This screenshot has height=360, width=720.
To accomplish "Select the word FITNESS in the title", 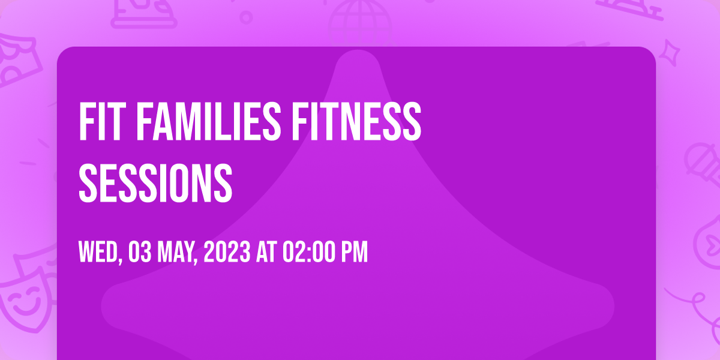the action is [x=356, y=121].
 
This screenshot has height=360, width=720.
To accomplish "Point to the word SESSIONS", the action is [x=155, y=183].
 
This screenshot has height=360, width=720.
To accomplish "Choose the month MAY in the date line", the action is [x=177, y=253].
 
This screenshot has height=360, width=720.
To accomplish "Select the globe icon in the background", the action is [x=361, y=23].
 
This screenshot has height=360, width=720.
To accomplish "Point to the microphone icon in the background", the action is [x=703, y=164].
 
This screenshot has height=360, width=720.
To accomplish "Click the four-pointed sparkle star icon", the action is [x=670, y=53].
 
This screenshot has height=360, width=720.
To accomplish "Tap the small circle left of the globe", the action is [x=246, y=17].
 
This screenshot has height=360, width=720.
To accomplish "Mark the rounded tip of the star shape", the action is [x=358, y=52].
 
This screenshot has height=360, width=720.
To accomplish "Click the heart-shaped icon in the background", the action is [x=709, y=242].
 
